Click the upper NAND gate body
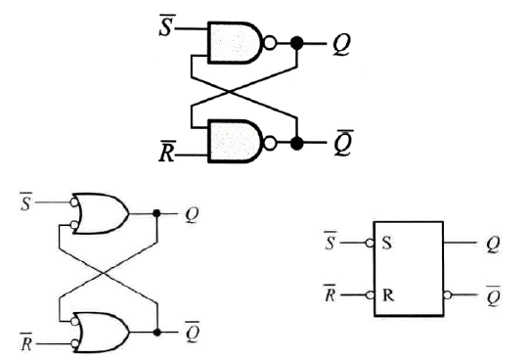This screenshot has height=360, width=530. click(238, 42)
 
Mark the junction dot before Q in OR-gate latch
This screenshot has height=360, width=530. click(157, 211)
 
